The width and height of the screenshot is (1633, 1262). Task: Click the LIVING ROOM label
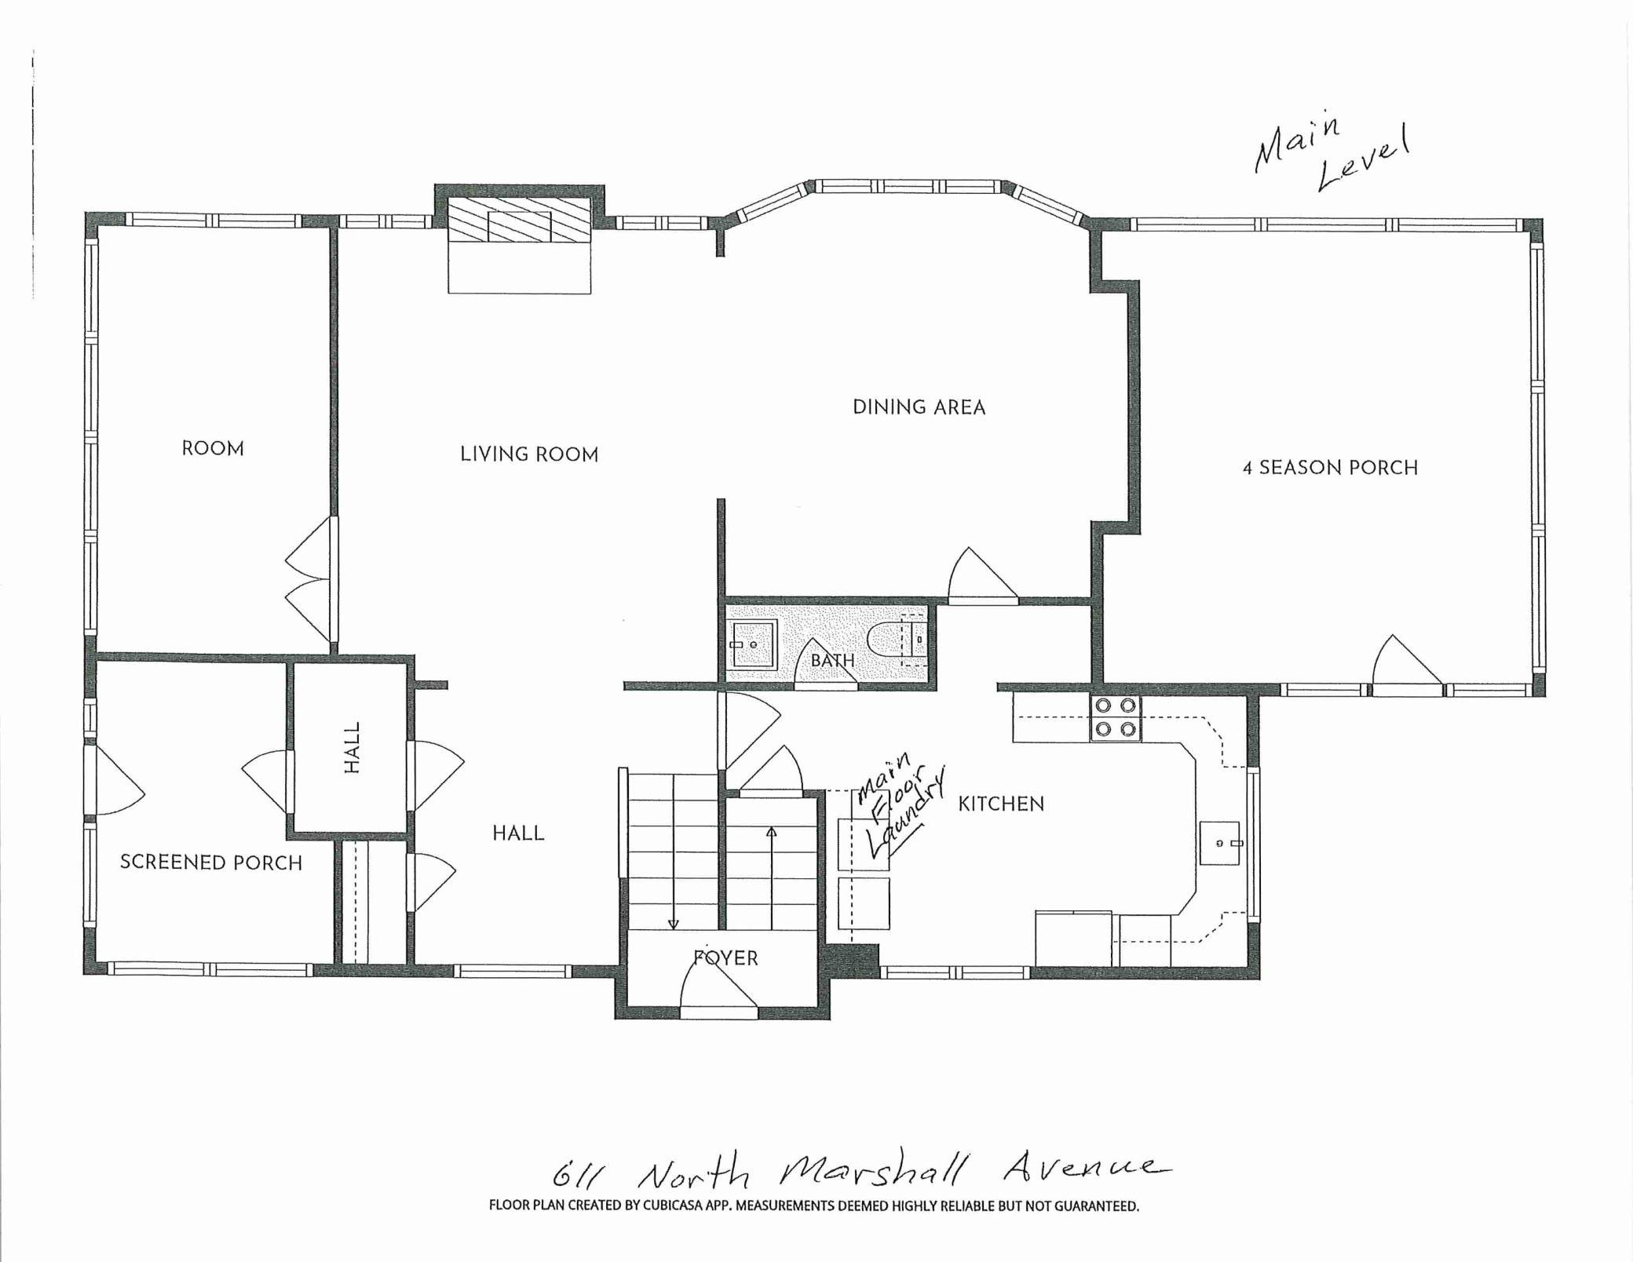tap(529, 454)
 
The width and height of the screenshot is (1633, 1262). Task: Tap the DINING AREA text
tap(919, 407)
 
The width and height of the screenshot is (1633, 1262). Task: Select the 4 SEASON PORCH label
tap(1330, 468)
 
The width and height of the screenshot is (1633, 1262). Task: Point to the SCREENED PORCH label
tap(211, 863)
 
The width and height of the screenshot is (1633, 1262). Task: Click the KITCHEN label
tap(1001, 804)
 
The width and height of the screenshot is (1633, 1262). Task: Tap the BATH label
tap(832, 660)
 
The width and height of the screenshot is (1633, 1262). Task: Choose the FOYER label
tap(725, 957)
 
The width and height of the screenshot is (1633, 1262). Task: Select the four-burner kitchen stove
tap(1116, 718)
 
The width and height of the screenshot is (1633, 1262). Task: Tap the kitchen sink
tap(1219, 843)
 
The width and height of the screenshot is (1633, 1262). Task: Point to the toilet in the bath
tap(900, 643)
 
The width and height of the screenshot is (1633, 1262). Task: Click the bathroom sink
tap(753, 644)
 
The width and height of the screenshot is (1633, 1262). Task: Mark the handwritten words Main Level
tap(1331, 155)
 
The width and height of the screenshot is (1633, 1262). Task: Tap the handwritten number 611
tap(581, 1177)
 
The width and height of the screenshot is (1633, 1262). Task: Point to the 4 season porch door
tap(1407, 661)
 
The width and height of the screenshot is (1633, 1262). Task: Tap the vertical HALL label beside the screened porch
tap(353, 747)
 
